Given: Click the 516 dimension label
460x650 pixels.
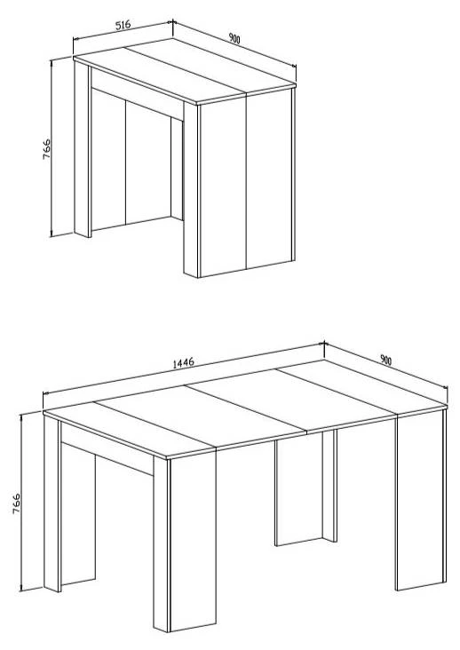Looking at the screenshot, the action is tap(123, 25).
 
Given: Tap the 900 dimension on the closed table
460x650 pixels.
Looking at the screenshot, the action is tap(234, 38).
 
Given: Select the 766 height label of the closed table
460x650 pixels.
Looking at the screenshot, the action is tap(46, 149).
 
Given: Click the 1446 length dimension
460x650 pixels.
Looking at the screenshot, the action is tap(183, 363).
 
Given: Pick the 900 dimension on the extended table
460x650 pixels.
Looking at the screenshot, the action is tap(385, 361).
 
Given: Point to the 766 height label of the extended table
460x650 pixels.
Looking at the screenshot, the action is tap(16, 503).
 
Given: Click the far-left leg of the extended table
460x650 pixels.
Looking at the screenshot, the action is tap(52, 503).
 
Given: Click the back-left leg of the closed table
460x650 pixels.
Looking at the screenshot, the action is tap(83, 149).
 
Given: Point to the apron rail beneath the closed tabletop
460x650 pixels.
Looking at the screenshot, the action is tap(137, 94).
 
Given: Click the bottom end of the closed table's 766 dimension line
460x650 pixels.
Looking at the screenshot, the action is tap(52, 236).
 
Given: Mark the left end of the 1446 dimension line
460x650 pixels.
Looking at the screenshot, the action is tap(44, 393).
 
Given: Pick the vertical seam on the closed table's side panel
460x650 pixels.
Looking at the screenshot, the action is tap(247, 181).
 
